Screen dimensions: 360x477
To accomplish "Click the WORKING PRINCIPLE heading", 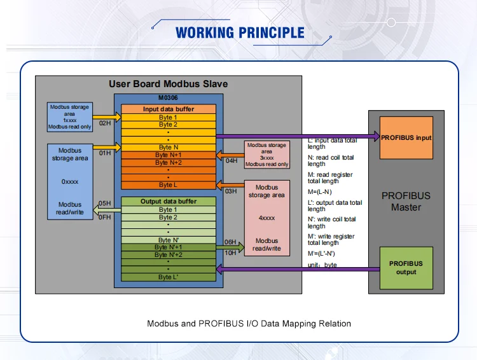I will pyautogui.click(x=240, y=32).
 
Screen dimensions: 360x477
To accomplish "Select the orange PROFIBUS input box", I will pyautogui.click(x=406, y=137).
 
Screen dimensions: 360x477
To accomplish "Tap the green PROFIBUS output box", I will pyautogui.click(x=406, y=268).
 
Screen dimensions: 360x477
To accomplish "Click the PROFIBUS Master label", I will pyautogui.click(x=406, y=202).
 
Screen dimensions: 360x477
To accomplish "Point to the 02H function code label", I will pyautogui.click(x=105, y=123).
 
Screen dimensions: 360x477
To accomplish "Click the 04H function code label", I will pyautogui.click(x=232, y=161).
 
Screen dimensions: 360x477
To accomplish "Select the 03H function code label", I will pyautogui.click(x=231, y=191).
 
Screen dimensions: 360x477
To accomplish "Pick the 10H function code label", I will pyautogui.click(x=231, y=253).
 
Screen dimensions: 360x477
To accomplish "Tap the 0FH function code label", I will pyautogui.click(x=105, y=217).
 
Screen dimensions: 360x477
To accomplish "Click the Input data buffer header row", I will pyautogui.click(x=169, y=109).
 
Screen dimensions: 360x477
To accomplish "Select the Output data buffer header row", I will pyautogui.click(x=169, y=202).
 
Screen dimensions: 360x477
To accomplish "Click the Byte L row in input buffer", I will pyautogui.click(x=169, y=185).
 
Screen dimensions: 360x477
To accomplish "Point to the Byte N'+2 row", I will pyautogui.click(x=169, y=254).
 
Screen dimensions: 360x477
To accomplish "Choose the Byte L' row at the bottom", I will pyautogui.click(x=169, y=277).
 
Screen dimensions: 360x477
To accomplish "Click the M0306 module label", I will pyautogui.click(x=168, y=98).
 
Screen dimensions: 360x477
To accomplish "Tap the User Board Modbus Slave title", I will pyautogui.click(x=168, y=84).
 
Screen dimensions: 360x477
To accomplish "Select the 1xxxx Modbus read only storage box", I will pyautogui.click(x=70, y=117).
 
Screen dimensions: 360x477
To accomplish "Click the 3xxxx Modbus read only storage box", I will pyautogui.click(x=267, y=155).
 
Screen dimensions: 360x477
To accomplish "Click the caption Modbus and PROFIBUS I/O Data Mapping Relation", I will pyautogui.click(x=249, y=324).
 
